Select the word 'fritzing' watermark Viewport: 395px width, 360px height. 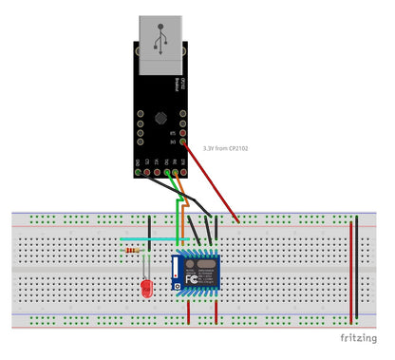click(361, 338)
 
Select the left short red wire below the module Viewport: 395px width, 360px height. click(191, 311)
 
